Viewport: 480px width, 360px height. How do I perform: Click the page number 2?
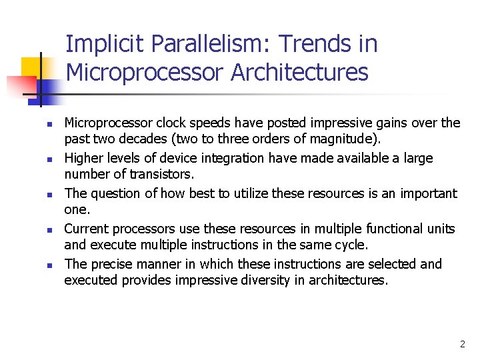463,345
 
